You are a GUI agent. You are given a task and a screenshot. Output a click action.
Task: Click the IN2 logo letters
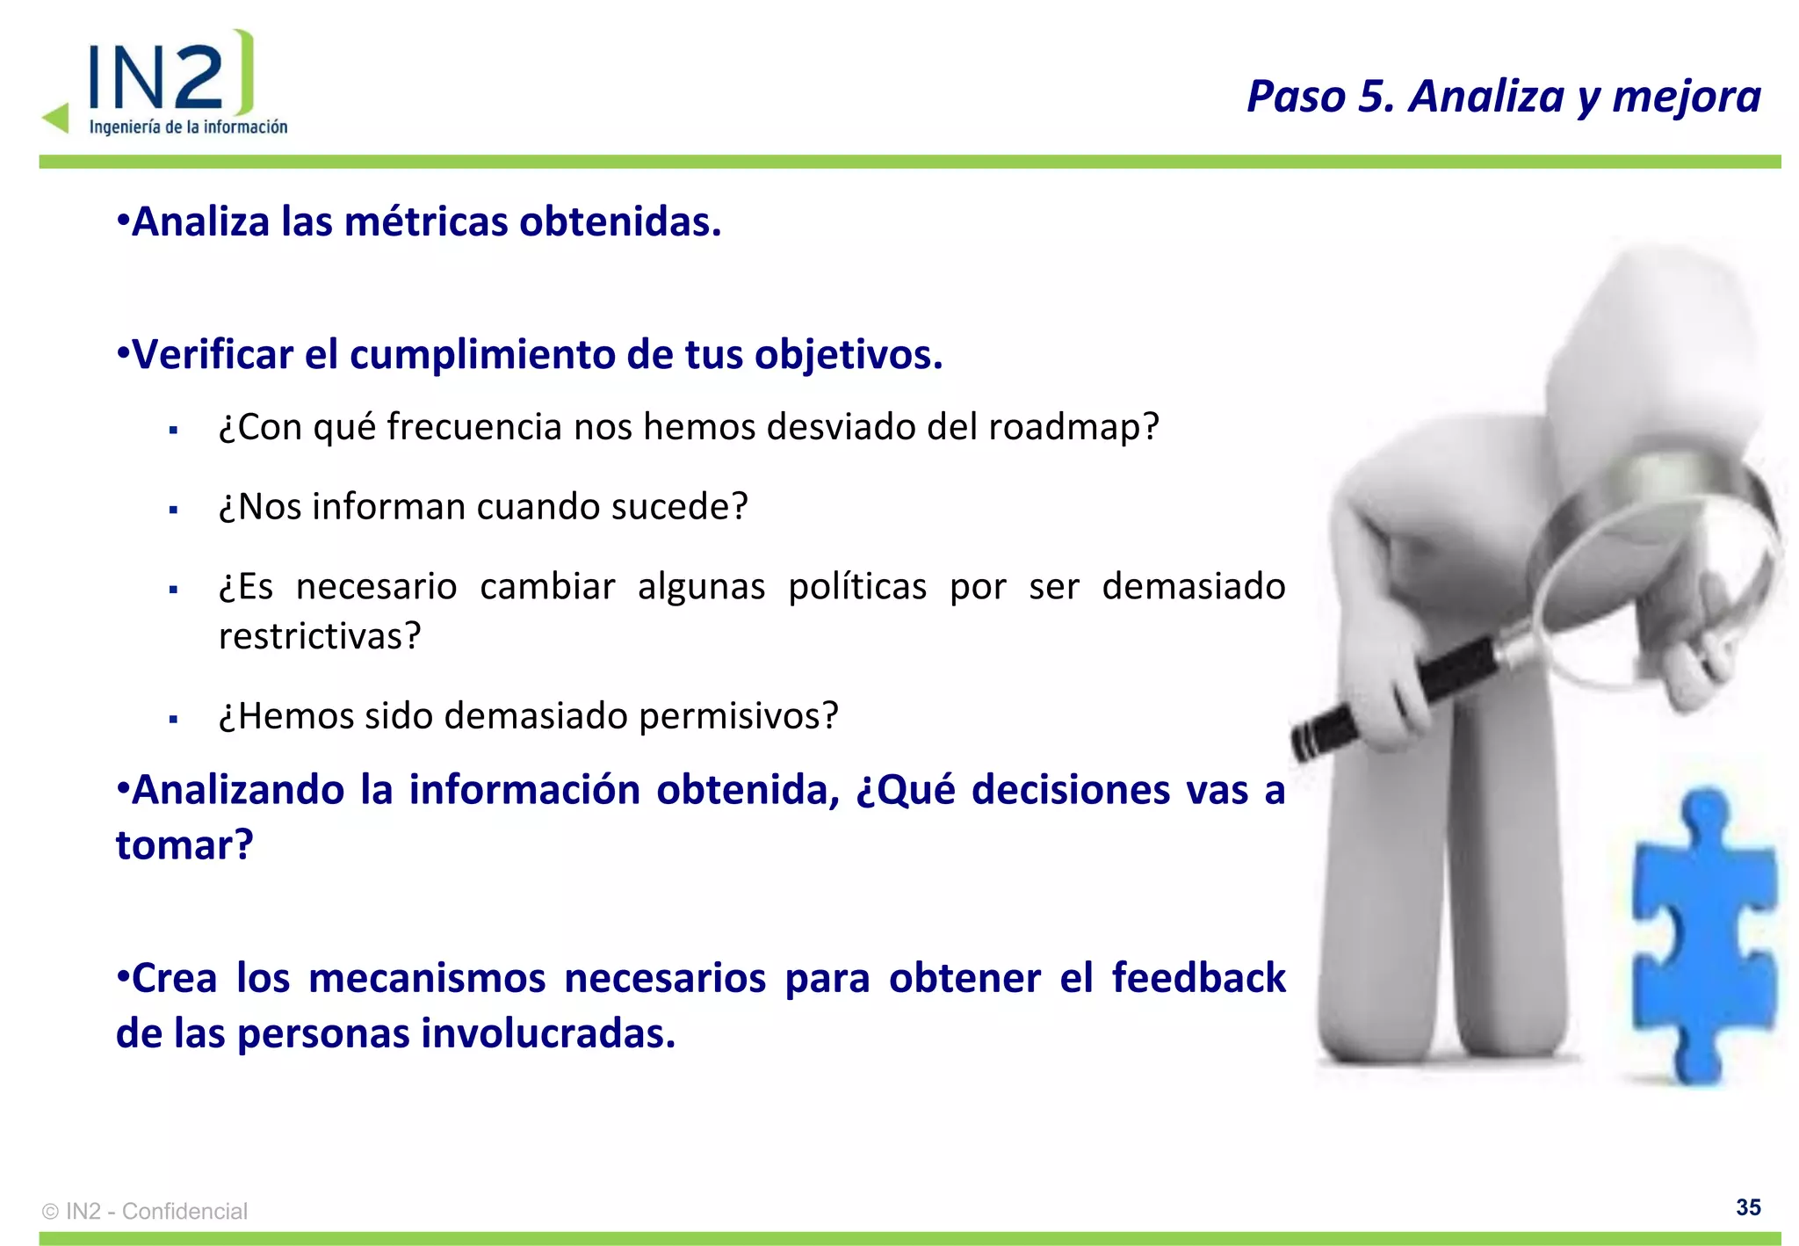point(158,77)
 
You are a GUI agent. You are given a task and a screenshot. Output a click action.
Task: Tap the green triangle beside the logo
point(57,118)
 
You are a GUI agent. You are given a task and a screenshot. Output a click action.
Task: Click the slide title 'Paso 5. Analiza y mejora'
point(1503,97)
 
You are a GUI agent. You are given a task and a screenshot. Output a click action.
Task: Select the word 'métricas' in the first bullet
point(426,221)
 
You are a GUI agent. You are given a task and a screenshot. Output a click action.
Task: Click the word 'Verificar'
point(212,355)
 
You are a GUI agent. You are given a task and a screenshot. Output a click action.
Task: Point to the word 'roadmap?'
point(1073,427)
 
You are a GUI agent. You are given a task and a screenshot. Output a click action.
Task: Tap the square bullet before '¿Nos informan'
point(174,510)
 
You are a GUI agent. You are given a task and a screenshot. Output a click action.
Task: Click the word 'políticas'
point(856,586)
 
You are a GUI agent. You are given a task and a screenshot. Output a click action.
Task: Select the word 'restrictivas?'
point(320,636)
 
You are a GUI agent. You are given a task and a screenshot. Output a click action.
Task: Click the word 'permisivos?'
point(738,716)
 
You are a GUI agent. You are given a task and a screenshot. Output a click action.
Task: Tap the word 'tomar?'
point(184,845)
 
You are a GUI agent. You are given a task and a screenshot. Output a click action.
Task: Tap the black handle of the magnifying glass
point(1397,694)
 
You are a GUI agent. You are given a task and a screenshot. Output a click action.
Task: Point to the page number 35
point(1747,1207)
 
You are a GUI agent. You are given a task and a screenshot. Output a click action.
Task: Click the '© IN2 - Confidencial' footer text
point(145,1212)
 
